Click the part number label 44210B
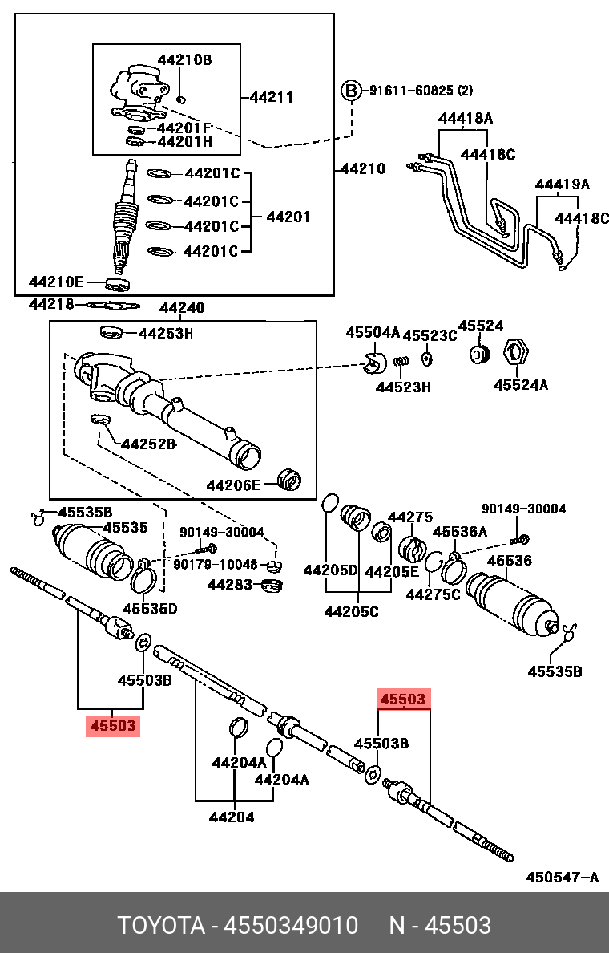[x=184, y=59]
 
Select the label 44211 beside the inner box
[x=271, y=97]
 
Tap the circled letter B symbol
[x=351, y=91]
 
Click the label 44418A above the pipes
[x=465, y=119]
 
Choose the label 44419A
[x=562, y=185]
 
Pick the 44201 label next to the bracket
[x=288, y=217]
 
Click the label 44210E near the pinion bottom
[x=56, y=282]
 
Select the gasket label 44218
[x=51, y=304]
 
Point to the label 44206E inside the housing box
[x=233, y=485]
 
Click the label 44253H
[x=166, y=333]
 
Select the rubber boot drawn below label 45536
[x=513, y=607]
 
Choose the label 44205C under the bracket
[x=351, y=611]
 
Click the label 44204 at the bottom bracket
[x=232, y=817]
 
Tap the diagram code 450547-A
[x=562, y=877]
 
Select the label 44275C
[x=434, y=594]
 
